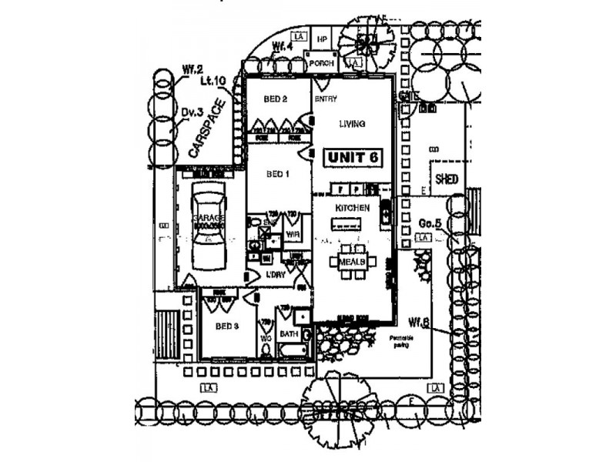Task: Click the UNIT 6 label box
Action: (x=353, y=156)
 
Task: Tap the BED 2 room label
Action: (x=275, y=99)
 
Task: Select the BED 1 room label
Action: (x=277, y=174)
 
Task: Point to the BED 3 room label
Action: (x=227, y=326)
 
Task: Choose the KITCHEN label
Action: (x=352, y=208)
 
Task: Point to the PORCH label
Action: (x=321, y=63)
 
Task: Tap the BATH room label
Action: (x=289, y=334)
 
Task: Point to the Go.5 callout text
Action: (x=429, y=224)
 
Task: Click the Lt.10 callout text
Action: (x=213, y=79)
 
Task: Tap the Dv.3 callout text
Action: (x=192, y=112)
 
